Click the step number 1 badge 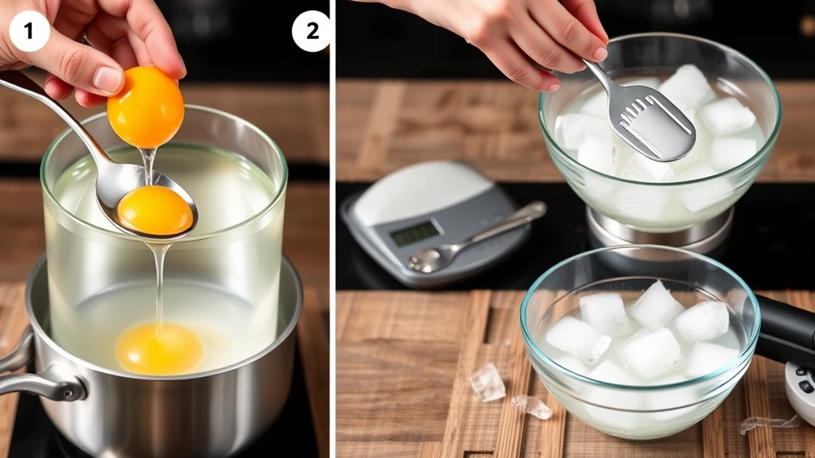coord(29,31)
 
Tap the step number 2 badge coord(311,31)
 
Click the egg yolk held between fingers coord(146,107)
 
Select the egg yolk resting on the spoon coord(155,210)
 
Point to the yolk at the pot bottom coord(159,347)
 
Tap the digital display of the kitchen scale coord(415,233)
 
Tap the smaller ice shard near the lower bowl coord(532,406)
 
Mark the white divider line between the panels coord(332,239)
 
